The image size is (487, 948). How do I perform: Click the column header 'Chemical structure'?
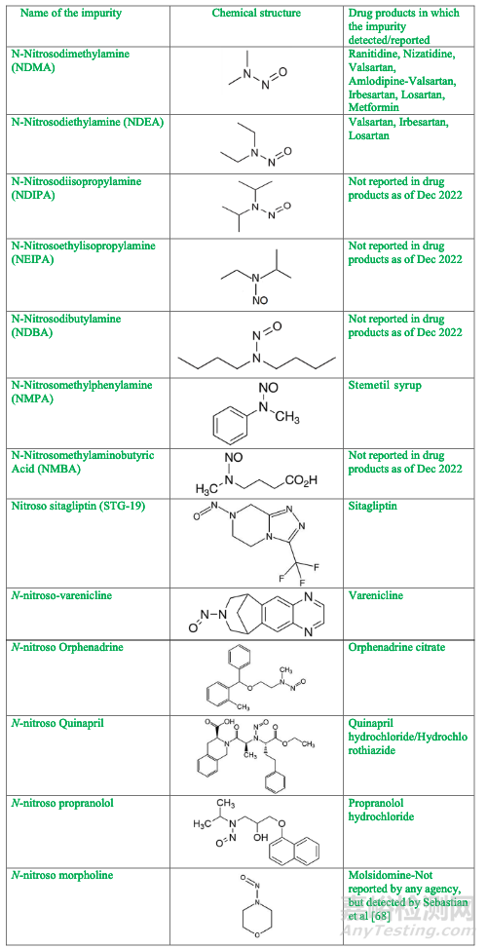(256, 13)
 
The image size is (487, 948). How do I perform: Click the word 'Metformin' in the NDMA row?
(371, 107)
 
